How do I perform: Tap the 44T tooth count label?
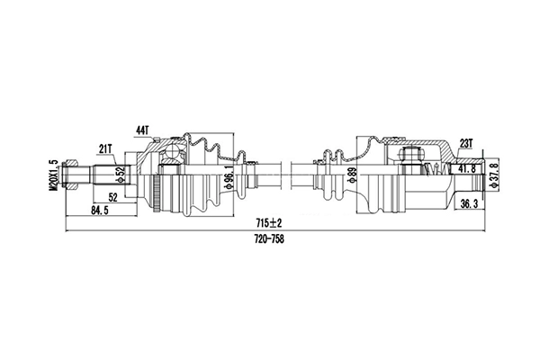(141, 131)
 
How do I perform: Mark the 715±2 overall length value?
(268, 221)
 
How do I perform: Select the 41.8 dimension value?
(467, 168)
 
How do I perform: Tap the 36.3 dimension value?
(468, 204)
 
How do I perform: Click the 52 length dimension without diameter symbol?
(112, 197)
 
